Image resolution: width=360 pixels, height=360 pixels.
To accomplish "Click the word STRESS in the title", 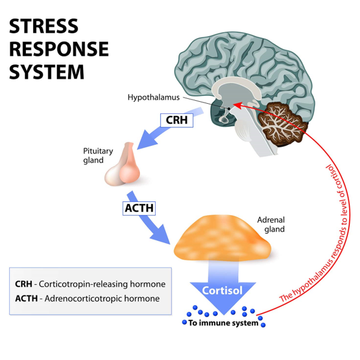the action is pos(43,26).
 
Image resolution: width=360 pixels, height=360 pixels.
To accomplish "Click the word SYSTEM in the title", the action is pos(46,72).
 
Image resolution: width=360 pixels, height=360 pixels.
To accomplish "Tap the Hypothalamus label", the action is pos(154,97).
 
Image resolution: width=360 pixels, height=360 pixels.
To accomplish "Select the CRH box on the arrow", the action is pos(177,120).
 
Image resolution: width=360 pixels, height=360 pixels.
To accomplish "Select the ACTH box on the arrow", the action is pos(139,208).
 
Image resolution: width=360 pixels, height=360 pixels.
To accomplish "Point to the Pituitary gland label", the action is pos(98,156).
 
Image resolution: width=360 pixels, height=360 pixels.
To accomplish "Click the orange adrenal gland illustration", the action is pos(223,238).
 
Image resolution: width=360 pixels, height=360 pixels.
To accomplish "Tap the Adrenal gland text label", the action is pos(271,224).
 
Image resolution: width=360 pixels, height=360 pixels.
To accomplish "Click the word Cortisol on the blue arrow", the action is pos(223,291).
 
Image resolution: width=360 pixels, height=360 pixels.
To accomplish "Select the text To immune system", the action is pos(223,323).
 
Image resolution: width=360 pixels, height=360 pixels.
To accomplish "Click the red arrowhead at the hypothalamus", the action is pos(238,106).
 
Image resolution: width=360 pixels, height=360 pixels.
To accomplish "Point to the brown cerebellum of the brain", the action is pos(282,124).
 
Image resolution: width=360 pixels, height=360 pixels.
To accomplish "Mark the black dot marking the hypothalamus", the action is pos(229,109).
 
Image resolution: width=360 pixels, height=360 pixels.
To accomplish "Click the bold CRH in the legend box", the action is pos(24,284).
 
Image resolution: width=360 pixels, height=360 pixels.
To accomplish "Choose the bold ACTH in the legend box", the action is pos(27,298).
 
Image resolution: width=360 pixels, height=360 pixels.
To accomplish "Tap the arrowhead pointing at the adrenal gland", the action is pos(161,235).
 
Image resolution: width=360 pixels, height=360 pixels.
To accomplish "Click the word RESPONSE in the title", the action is pos(59,49).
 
